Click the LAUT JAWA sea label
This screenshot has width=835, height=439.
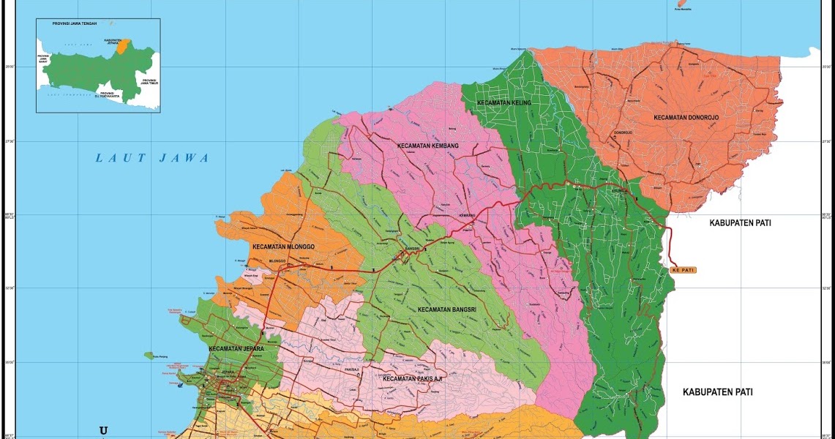(x=152, y=158)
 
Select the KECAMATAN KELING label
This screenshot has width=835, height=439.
(x=503, y=103)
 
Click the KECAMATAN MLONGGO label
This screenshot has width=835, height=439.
(x=283, y=247)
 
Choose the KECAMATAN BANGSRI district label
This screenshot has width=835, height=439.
(x=447, y=309)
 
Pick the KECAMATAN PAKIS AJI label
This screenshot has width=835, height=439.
(x=413, y=379)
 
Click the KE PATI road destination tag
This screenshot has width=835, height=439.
(x=682, y=270)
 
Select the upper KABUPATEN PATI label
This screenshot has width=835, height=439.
(x=740, y=222)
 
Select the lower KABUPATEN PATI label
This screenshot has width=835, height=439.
(x=717, y=392)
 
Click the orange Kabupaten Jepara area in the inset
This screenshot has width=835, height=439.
(x=127, y=46)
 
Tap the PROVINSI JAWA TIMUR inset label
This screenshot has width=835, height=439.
(x=149, y=82)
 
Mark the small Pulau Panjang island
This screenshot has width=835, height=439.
(x=149, y=356)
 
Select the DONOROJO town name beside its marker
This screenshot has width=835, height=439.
(x=623, y=132)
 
